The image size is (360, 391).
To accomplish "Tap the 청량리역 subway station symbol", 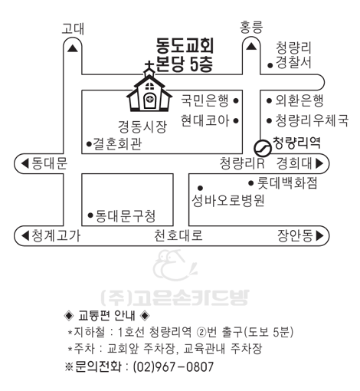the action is click(x=262, y=148).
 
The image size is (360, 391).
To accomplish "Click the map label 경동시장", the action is click(x=142, y=127).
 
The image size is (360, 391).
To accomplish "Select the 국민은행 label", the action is click(x=205, y=100).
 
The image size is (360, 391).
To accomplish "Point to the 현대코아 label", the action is click(x=205, y=120).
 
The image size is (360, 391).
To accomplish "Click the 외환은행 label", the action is click(x=299, y=100).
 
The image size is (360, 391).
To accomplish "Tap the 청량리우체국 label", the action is click(x=312, y=120).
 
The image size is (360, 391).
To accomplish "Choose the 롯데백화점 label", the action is click(x=287, y=182).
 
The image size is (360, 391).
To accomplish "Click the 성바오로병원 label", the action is click(x=228, y=200).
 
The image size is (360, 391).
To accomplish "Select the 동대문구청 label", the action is click(x=125, y=216).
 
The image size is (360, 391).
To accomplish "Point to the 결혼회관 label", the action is click(x=117, y=144).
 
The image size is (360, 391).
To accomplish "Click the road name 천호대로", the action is click(x=178, y=235).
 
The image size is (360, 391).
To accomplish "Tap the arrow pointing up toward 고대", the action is click(x=73, y=48).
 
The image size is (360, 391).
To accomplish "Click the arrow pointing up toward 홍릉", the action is click(x=251, y=46).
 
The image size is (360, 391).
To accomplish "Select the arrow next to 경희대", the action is click(x=319, y=163).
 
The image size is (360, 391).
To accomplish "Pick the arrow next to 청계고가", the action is click(x=25, y=235).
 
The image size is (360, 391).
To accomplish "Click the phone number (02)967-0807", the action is click(x=173, y=367).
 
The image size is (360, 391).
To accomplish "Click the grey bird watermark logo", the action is click(x=175, y=265).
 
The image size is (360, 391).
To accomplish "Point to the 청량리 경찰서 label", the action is click(x=293, y=55).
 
